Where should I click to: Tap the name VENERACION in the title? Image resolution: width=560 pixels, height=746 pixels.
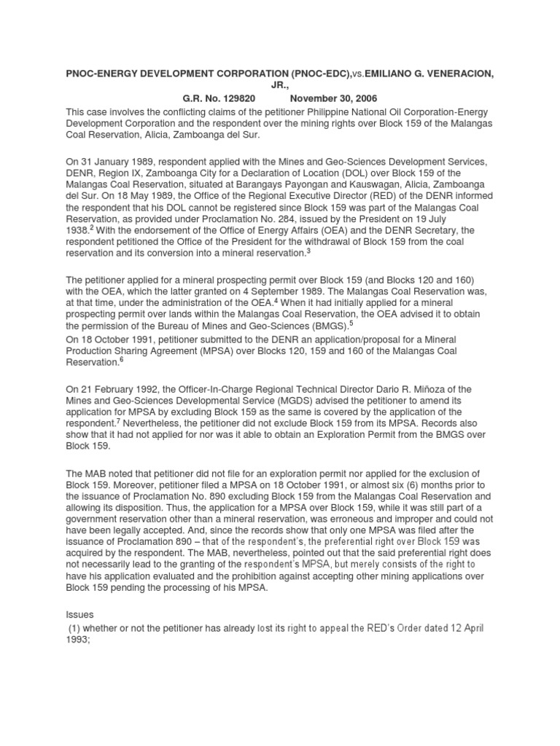point(464,73)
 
